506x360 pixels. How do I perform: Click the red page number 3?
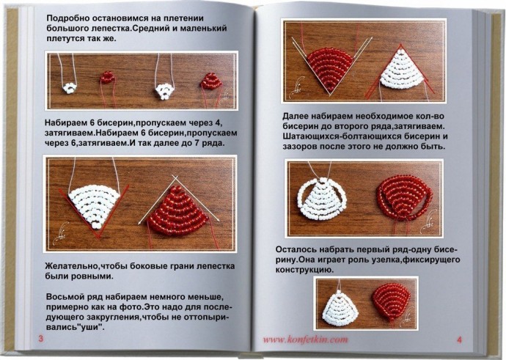[40, 338]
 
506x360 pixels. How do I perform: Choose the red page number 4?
[459, 339]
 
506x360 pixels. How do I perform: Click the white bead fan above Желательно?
[96, 200]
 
